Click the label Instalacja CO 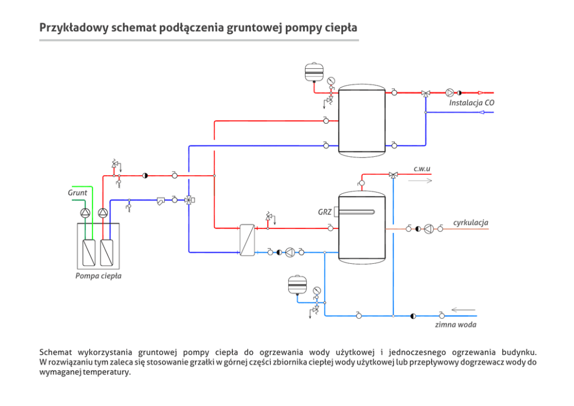point(472,103)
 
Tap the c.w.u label point(422,169)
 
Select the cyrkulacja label point(471,223)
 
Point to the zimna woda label point(456,324)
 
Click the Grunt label point(78,193)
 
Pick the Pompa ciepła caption point(98,276)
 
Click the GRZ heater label point(325,212)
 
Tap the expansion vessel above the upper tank point(314,72)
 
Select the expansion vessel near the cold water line point(297,285)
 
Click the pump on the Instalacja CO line point(450,93)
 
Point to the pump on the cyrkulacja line point(429,229)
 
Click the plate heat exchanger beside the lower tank point(247,240)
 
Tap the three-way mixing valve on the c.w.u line point(393,175)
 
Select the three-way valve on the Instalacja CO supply point(425,94)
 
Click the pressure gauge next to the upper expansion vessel point(332,80)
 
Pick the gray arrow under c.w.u point(420,180)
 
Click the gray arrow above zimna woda point(463,310)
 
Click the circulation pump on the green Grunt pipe point(85,212)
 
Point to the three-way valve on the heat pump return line point(189,200)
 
